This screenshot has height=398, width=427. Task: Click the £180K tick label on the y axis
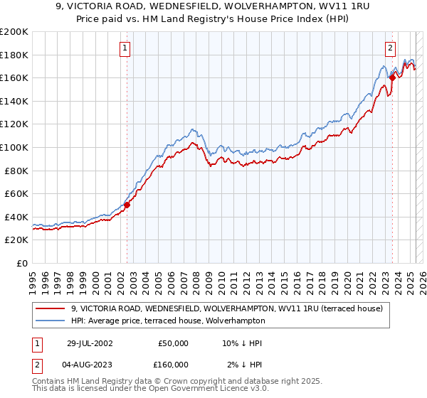click(14, 55)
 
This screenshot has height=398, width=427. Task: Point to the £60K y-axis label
click(16, 193)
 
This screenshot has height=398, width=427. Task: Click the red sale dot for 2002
click(127, 205)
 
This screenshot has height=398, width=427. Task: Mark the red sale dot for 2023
click(392, 78)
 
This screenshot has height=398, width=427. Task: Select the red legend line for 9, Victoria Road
click(51, 308)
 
